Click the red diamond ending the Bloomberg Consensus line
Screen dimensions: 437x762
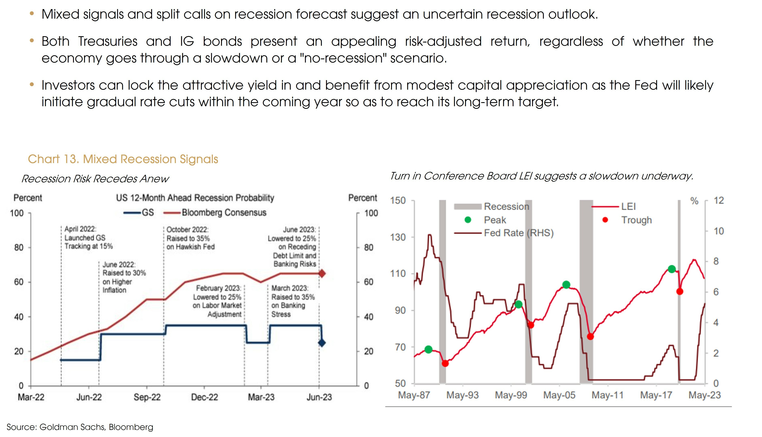coord(322,273)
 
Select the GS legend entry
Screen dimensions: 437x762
coord(147,212)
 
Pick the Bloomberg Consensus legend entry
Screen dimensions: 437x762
coord(224,212)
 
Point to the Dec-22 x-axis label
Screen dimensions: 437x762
coord(204,397)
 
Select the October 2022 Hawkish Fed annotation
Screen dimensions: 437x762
coord(190,238)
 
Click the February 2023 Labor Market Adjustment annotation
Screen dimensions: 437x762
coord(217,301)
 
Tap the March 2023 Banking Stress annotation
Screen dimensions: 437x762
coord(293,301)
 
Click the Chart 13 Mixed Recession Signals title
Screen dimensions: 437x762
coord(123,159)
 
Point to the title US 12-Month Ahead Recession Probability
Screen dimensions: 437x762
coord(195,198)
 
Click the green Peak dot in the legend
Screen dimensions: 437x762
coord(468,220)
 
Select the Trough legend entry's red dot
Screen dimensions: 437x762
coord(605,220)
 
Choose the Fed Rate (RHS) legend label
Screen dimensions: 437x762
coord(519,233)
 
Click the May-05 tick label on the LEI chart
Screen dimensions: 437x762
coord(559,395)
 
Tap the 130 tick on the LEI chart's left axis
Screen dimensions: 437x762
coord(398,237)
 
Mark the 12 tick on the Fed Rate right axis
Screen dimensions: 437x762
coord(719,200)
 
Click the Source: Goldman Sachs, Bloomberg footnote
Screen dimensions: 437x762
coord(80,427)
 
